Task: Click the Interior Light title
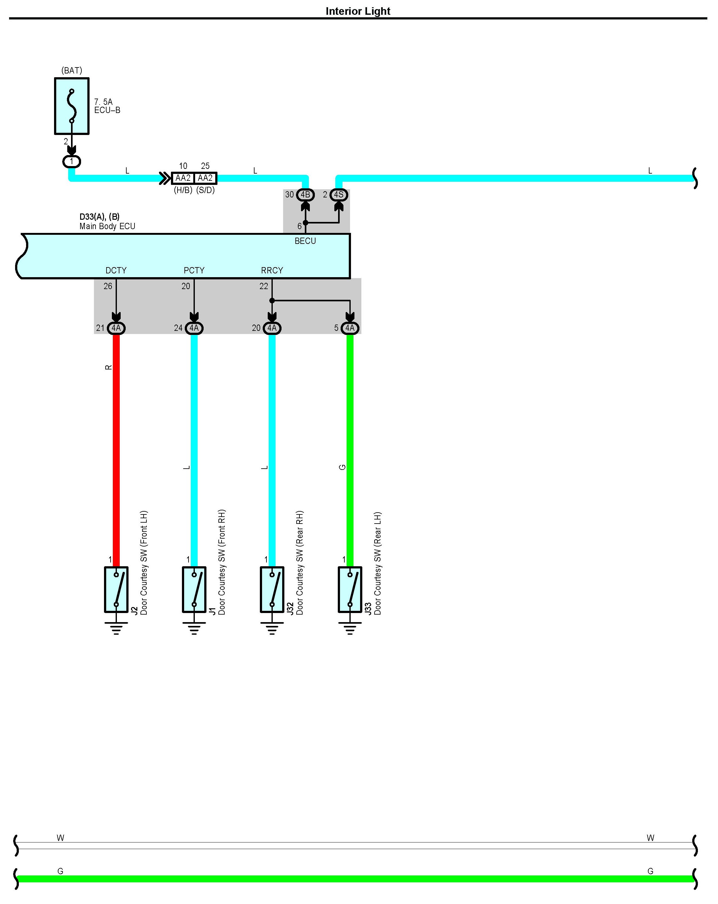(x=358, y=11)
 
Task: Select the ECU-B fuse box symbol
(x=72, y=106)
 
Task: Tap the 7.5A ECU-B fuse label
(x=107, y=106)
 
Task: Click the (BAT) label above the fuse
(x=72, y=70)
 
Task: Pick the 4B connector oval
(x=305, y=195)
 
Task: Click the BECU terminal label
(x=305, y=241)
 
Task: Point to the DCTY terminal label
(x=116, y=271)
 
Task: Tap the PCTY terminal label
(x=194, y=271)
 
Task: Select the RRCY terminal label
(x=272, y=271)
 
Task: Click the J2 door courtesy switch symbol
(x=116, y=589)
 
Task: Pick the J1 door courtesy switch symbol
(x=194, y=589)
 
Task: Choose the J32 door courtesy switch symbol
(x=272, y=589)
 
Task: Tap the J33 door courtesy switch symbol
(x=350, y=589)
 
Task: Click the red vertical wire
(x=116, y=449)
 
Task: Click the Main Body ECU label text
(x=107, y=226)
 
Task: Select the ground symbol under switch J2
(x=116, y=628)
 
